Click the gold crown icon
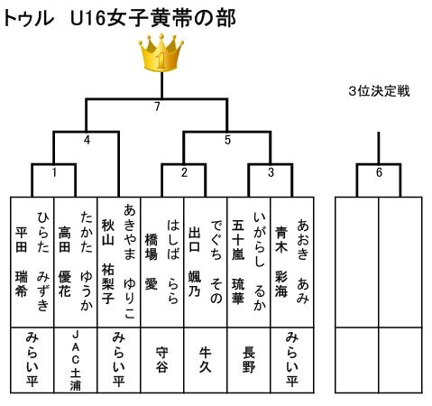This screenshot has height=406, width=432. (x=161, y=53)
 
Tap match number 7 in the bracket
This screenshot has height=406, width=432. (x=157, y=106)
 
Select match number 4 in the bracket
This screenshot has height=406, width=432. (x=87, y=140)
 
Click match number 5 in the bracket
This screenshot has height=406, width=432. (x=227, y=140)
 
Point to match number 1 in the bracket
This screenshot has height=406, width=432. (x=54, y=172)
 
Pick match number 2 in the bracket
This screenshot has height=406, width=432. (x=184, y=172)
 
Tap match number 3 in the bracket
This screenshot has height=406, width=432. (x=271, y=172)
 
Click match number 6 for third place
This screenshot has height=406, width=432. (x=379, y=172)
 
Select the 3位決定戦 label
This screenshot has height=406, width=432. (x=379, y=91)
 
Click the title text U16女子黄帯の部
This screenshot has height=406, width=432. (x=152, y=18)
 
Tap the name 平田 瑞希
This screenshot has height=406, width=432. (x=22, y=262)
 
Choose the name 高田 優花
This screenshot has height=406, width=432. (x=65, y=262)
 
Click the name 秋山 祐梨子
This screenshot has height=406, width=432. (x=108, y=261)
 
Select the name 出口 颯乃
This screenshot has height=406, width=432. (x=195, y=262)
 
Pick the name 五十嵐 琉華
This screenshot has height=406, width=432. (x=238, y=261)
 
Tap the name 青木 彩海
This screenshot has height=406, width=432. (x=281, y=262)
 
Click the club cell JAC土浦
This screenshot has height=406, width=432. (x=76, y=360)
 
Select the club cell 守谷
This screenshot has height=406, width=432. (x=162, y=360)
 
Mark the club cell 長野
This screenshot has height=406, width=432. (x=249, y=360)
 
